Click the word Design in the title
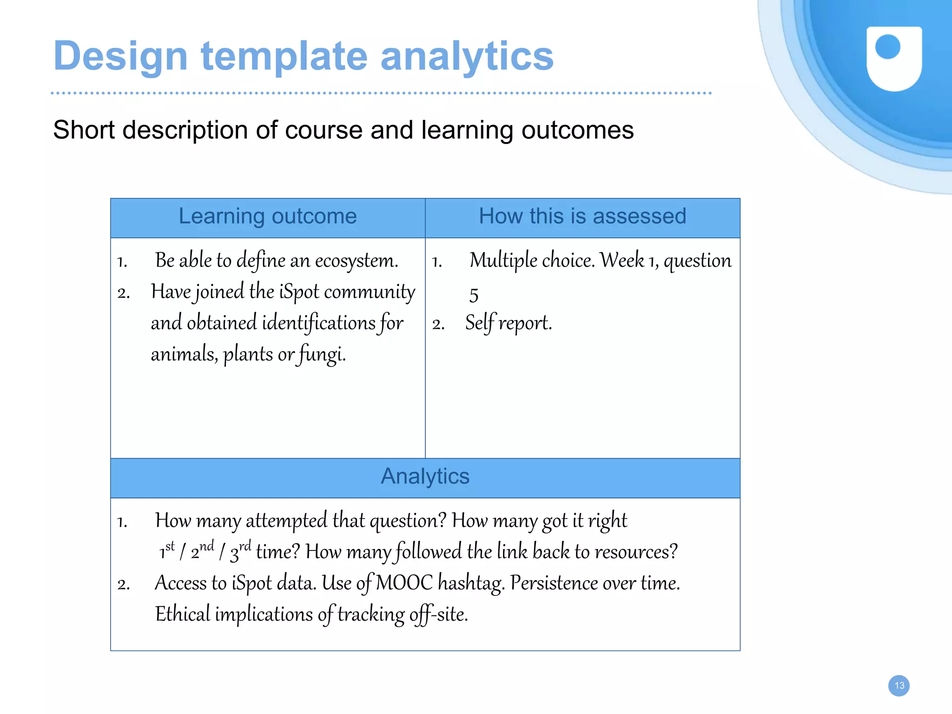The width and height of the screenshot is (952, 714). (x=120, y=56)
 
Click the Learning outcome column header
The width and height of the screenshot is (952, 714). (x=268, y=216)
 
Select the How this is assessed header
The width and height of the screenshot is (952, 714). (x=582, y=216)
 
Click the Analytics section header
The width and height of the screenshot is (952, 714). (x=425, y=477)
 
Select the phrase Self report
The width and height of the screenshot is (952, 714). (x=509, y=323)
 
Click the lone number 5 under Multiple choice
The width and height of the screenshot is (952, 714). (x=474, y=295)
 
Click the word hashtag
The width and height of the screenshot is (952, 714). (x=471, y=583)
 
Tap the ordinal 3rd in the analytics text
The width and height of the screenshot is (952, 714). (x=240, y=551)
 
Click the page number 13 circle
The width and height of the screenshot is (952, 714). (x=899, y=686)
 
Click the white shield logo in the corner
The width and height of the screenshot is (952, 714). (x=894, y=58)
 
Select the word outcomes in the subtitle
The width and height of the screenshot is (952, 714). (x=577, y=130)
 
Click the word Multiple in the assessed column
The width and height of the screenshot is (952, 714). (x=503, y=261)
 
